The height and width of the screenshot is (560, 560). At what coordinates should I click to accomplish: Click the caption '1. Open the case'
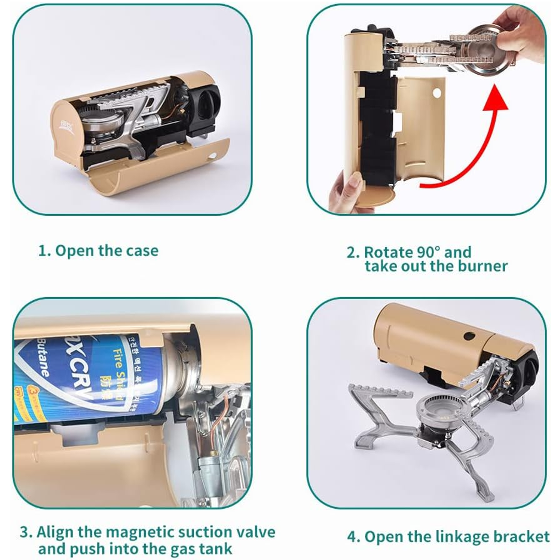[x=98, y=251]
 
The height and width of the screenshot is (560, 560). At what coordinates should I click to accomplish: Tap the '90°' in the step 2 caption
[x=428, y=253]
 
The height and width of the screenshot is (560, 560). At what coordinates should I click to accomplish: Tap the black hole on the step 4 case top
[x=469, y=336]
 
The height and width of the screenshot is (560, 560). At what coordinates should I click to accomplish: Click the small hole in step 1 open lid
[x=211, y=156]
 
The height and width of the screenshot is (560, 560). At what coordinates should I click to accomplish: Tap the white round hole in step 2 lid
[x=437, y=93]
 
